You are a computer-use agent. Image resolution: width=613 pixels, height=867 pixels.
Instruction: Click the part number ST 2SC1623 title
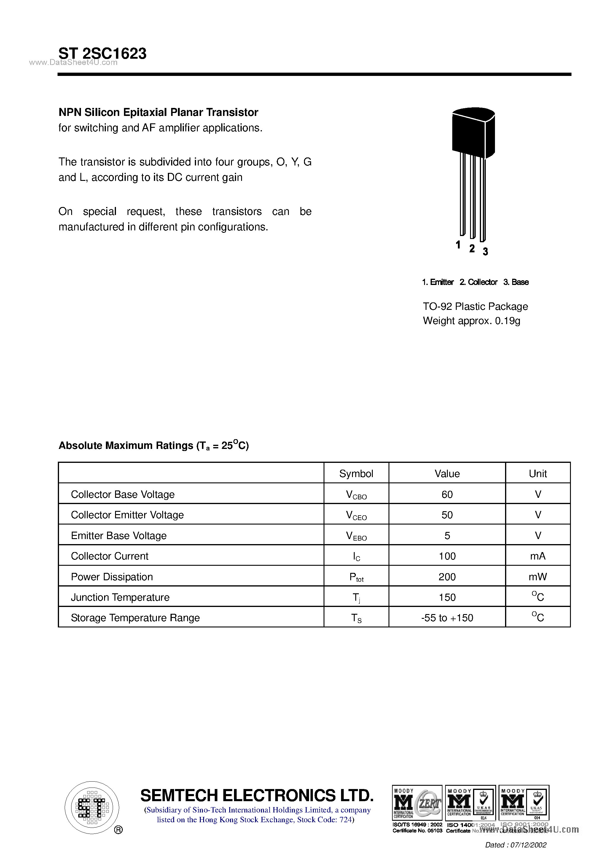click(x=102, y=54)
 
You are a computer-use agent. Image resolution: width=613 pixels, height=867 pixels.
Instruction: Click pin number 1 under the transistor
click(x=458, y=245)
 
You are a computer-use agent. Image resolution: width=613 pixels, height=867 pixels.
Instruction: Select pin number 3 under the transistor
click(x=485, y=251)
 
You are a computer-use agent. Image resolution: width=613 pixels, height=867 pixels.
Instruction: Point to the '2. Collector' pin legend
click(x=478, y=282)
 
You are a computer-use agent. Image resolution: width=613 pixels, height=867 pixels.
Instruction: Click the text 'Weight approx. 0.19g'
click(x=471, y=321)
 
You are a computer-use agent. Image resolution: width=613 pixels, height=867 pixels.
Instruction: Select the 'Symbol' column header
click(x=356, y=474)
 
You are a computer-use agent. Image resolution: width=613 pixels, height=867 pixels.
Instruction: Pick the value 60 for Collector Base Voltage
click(x=447, y=494)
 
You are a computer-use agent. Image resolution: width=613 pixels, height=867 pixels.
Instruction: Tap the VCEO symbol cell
click(x=356, y=515)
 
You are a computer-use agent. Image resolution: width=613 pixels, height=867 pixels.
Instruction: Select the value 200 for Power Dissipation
click(x=447, y=577)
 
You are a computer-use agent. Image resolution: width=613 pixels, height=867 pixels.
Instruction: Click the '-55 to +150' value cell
click(x=447, y=618)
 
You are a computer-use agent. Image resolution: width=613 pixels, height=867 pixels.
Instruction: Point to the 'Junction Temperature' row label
click(x=120, y=597)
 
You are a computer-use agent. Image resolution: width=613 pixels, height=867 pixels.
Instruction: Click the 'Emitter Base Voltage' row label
click(x=119, y=535)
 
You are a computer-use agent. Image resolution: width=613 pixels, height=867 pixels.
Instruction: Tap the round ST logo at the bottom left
click(x=92, y=807)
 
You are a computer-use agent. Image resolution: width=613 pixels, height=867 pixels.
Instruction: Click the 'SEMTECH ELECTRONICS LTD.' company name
click(x=257, y=795)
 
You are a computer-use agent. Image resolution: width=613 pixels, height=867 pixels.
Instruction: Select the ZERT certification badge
click(x=417, y=803)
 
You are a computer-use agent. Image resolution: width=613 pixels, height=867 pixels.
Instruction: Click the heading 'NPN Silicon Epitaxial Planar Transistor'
click(x=158, y=112)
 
